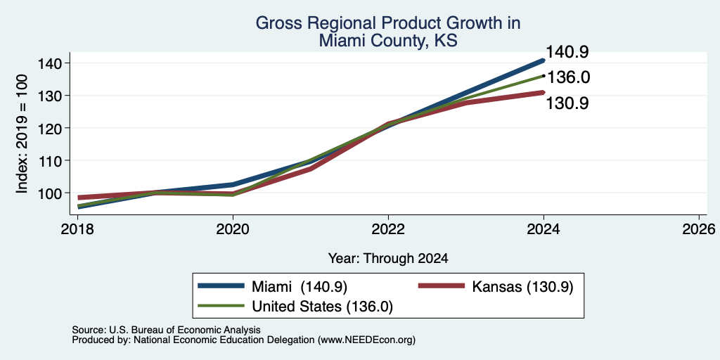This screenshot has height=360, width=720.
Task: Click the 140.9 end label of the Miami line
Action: click(x=567, y=52)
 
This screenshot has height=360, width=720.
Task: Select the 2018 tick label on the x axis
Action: click(x=77, y=229)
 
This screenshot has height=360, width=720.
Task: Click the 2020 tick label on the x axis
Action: click(x=233, y=229)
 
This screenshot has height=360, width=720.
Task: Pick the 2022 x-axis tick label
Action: click(x=388, y=229)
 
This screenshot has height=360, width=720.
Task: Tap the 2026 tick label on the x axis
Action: click(x=699, y=229)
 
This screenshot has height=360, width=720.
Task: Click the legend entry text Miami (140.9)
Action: click(x=299, y=287)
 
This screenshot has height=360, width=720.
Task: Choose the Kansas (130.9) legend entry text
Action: click(x=522, y=287)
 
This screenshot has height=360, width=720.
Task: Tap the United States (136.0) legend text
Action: click(x=322, y=307)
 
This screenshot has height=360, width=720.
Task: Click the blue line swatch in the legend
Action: click(x=221, y=285)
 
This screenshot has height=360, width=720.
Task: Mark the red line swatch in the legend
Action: click(x=442, y=285)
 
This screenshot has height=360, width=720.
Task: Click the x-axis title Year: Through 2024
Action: click(x=388, y=259)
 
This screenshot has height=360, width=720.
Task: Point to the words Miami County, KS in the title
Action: click(x=388, y=41)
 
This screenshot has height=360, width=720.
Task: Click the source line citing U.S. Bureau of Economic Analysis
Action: click(x=167, y=330)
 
